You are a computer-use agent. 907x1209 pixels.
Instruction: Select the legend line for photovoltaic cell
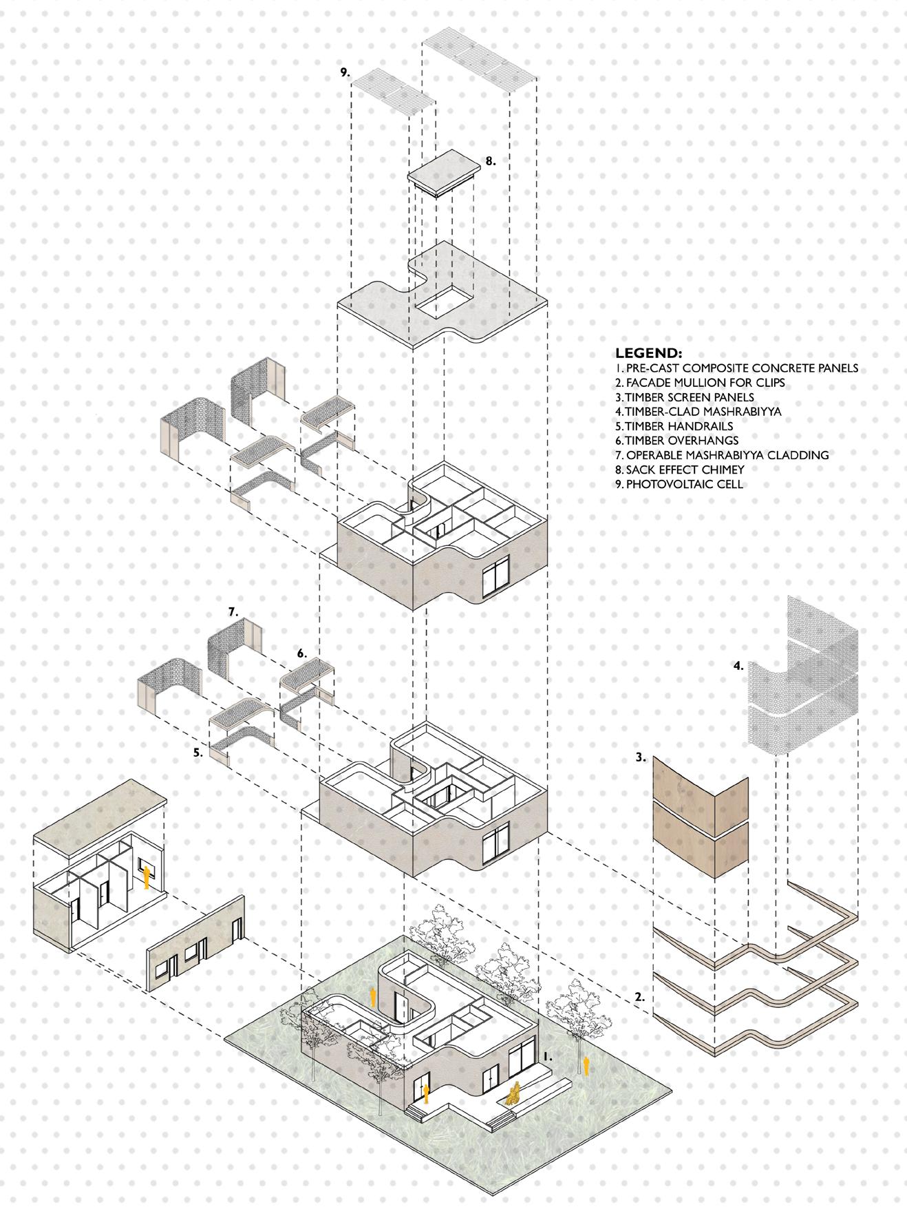click(x=685, y=484)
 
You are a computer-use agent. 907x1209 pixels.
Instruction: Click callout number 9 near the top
click(x=345, y=72)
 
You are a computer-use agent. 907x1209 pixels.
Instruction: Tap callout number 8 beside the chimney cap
click(x=490, y=161)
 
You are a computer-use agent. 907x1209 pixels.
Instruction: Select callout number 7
click(x=233, y=611)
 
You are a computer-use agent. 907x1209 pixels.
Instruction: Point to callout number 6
click(x=301, y=653)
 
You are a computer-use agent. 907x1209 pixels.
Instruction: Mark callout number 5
click(x=198, y=753)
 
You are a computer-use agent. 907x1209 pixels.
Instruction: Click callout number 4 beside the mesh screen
click(x=738, y=666)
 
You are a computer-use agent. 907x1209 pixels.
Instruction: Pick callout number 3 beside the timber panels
click(x=641, y=757)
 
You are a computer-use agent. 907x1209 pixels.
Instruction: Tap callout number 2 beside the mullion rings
click(x=639, y=996)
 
